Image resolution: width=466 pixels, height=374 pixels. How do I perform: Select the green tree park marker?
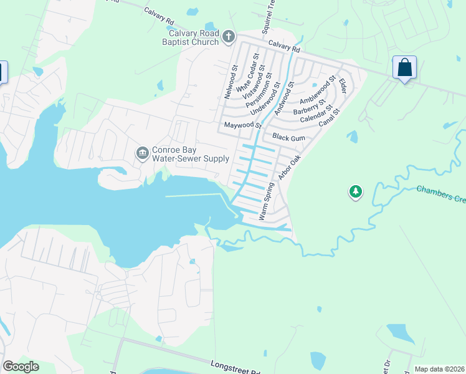click(355, 191)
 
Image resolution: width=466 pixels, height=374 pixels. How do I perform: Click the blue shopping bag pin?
click(404, 67)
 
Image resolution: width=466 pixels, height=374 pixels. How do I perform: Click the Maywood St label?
click(242, 125)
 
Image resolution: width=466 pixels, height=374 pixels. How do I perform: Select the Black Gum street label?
click(287, 136)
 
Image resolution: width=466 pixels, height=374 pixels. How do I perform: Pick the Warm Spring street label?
click(266, 199)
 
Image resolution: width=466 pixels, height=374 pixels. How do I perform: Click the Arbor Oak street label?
click(290, 168)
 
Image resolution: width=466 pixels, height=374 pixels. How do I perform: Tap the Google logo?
click(21, 367)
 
